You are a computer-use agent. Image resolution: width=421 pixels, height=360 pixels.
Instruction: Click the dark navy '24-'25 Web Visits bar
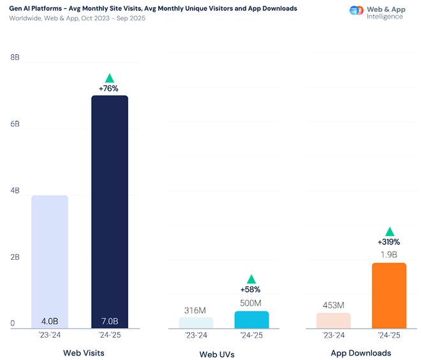(110, 211)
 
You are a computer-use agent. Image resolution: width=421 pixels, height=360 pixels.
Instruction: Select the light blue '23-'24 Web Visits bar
(50, 262)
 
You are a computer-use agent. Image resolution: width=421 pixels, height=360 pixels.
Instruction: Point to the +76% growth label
(109, 88)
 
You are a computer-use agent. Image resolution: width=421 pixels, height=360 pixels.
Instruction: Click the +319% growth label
(388, 242)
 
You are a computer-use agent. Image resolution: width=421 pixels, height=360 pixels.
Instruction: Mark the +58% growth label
(251, 289)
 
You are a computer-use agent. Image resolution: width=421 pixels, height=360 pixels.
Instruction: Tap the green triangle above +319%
(389, 231)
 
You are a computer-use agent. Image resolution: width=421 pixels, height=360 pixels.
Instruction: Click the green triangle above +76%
(109, 77)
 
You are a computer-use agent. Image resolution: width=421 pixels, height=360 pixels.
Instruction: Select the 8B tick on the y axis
(15, 57)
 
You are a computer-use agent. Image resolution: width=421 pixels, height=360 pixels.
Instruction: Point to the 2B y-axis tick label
(15, 257)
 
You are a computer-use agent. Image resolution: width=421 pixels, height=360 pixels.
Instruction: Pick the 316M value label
(195, 310)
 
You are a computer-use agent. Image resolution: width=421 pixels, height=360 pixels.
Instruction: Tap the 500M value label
(251, 303)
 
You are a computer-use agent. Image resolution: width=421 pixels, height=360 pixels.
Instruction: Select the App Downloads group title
(361, 353)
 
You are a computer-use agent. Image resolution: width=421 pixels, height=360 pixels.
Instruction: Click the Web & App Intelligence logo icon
(357, 11)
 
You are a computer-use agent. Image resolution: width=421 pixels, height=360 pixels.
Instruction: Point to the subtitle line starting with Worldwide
(77, 18)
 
